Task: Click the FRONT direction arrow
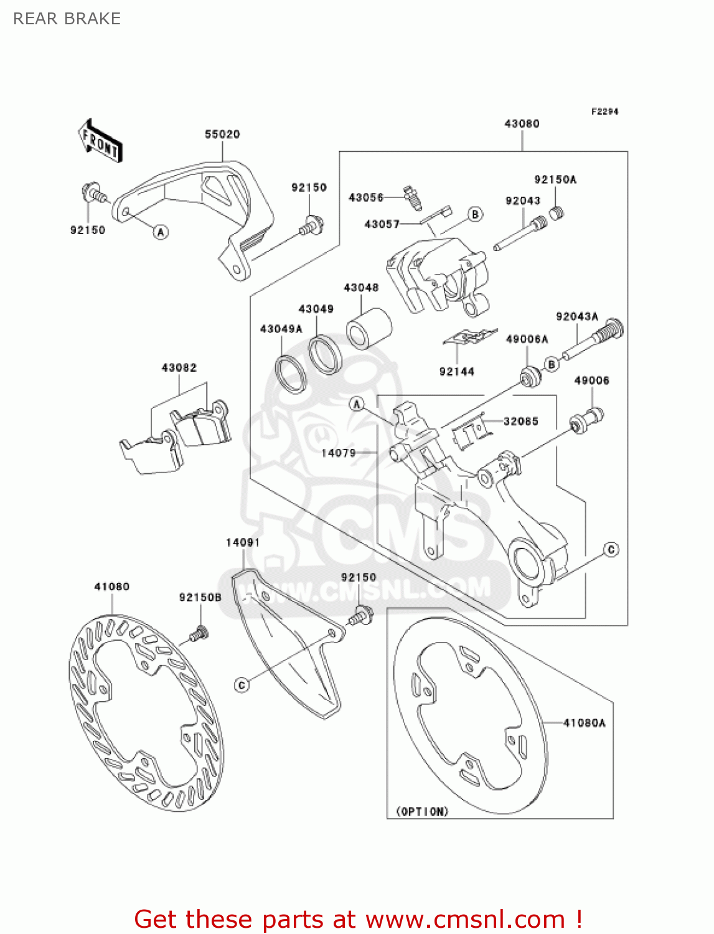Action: tap(100, 141)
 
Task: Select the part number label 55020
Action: tap(222, 134)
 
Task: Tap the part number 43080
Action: tap(522, 123)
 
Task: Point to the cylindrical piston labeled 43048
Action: tap(369, 328)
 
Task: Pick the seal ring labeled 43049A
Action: tap(291, 374)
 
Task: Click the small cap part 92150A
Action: tap(557, 214)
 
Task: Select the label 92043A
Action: tap(576, 316)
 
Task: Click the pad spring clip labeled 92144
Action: tap(470, 337)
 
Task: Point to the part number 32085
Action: tap(520, 421)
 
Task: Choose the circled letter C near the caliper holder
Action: tap(611, 549)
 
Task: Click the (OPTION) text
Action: tap(422, 811)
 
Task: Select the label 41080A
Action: tap(584, 722)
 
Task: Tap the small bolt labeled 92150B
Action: tap(199, 634)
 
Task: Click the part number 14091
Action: tap(243, 542)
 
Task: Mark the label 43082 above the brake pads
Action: tap(179, 367)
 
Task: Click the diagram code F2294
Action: tap(604, 111)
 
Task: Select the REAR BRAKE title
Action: tap(67, 19)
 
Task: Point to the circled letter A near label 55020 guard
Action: tap(161, 232)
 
